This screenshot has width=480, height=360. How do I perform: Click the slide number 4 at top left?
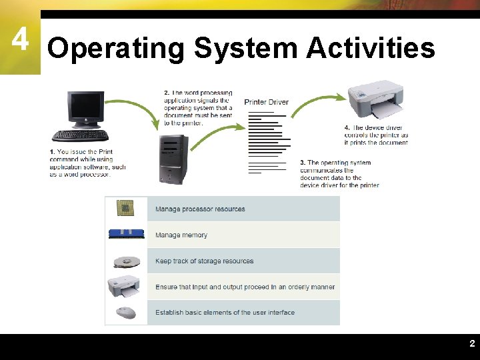point(20,41)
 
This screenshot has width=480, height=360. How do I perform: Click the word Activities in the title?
point(370,49)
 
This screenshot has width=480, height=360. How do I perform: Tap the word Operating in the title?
point(115,49)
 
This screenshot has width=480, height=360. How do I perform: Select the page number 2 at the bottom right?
point(472,344)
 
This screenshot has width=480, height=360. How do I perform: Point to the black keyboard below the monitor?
point(80,135)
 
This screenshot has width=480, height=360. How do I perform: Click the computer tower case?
point(173,159)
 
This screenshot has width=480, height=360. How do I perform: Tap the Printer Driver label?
point(266,102)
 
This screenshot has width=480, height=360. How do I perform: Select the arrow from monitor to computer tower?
point(133,110)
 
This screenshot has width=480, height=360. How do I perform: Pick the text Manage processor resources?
point(200,209)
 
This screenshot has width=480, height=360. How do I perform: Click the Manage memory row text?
point(181,235)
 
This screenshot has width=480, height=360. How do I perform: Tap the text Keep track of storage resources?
point(204,261)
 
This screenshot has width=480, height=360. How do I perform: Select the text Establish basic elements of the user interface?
point(225,313)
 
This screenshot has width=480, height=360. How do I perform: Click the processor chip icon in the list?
point(125,209)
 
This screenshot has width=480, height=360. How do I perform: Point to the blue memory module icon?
point(126,234)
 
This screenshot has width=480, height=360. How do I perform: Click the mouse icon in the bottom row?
point(125,313)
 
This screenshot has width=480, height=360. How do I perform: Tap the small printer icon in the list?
point(125,287)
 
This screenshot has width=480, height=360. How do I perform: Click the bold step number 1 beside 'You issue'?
point(51,152)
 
